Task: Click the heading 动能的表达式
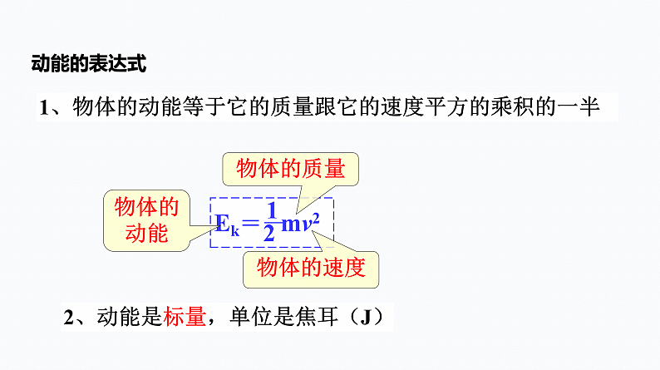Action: (x=89, y=63)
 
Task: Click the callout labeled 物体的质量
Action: (x=290, y=169)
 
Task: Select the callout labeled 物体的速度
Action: (x=311, y=268)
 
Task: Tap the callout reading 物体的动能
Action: (x=147, y=220)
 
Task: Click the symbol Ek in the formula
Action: (x=227, y=224)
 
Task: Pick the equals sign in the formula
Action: (x=250, y=222)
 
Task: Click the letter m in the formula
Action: (x=291, y=224)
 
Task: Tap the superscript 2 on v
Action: (x=316, y=218)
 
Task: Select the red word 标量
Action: (x=185, y=317)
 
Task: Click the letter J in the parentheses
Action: (x=366, y=317)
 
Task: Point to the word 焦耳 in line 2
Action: (x=317, y=317)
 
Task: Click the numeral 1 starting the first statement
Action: (x=44, y=107)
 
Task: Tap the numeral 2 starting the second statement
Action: (x=69, y=317)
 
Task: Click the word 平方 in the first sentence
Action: (x=446, y=107)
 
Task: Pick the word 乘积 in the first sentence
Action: (x=512, y=107)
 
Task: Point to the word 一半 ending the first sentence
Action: (x=579, y=107)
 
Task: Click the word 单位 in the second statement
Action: (x=251, y=317)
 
